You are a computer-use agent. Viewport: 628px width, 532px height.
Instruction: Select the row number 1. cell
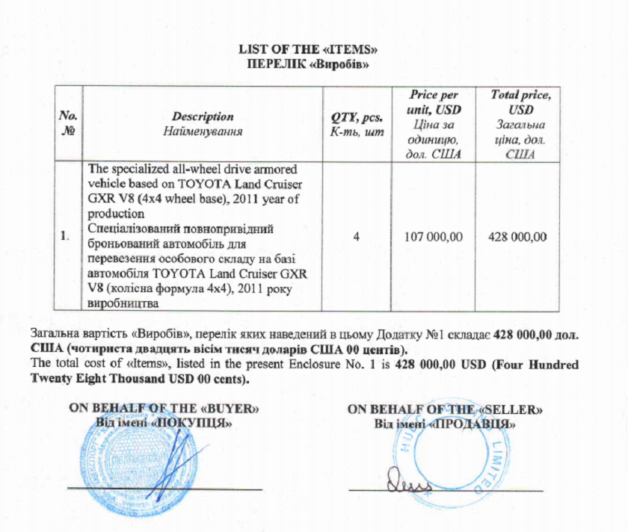coord(66,236)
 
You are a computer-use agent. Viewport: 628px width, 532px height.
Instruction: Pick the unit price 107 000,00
coord(434,236)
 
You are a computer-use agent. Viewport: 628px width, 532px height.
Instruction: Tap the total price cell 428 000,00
coord(517,236)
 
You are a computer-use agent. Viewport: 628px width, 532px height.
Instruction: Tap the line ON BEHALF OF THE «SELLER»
coord(446,409)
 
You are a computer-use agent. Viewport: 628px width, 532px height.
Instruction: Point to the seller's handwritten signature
coord(407,486)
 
